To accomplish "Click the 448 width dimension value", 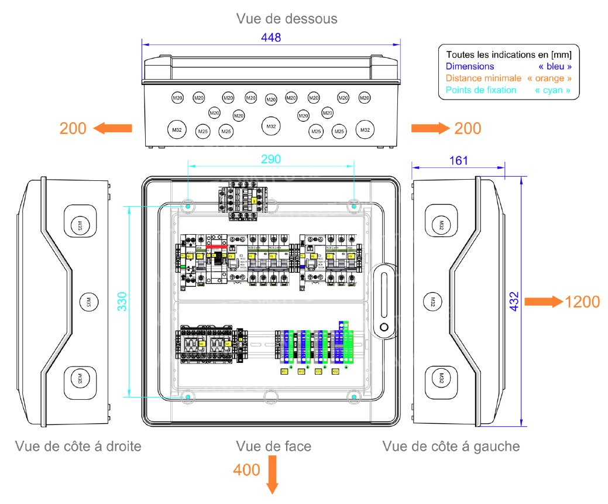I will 272,37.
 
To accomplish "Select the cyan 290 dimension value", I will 271,159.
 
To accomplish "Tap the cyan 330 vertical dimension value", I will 122,301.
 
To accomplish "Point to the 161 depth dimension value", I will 458,160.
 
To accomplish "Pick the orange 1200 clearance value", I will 582,302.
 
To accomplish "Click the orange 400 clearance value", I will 246,469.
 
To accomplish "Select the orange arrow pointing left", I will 113,128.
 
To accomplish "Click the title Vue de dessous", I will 287,19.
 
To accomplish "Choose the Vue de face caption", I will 274,447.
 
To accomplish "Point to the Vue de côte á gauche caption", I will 451,447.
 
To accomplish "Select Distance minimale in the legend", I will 483,78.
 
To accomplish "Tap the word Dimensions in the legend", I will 470,67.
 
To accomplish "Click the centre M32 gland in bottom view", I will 270,126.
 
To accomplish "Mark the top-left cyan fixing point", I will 187,206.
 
